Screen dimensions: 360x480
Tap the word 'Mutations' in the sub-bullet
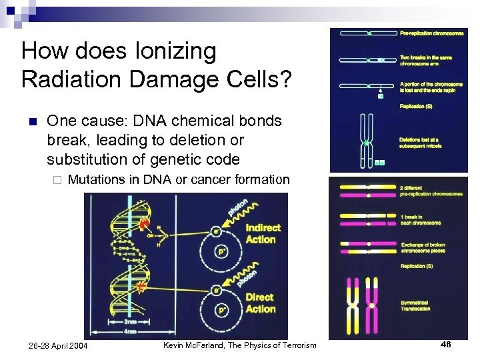(98, 179)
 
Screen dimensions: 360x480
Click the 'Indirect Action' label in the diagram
(263, 233)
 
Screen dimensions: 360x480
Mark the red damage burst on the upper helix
(143, 225)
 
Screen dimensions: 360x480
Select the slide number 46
(445, 345)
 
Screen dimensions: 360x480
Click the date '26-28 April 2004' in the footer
(58, 345)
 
